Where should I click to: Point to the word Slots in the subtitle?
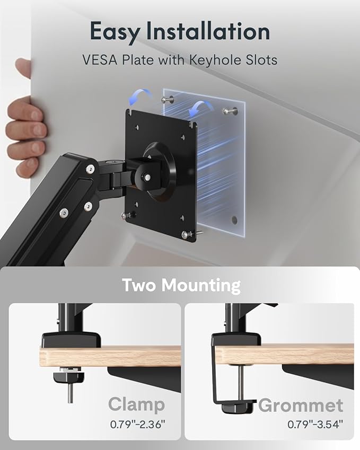(258, 59)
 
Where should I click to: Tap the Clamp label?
(137, 405)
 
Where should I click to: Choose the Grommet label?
(301, 406)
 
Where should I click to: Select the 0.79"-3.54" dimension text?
(315, 424)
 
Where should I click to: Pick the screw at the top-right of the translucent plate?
(230, 111)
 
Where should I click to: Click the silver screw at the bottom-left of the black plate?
(126, 216)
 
